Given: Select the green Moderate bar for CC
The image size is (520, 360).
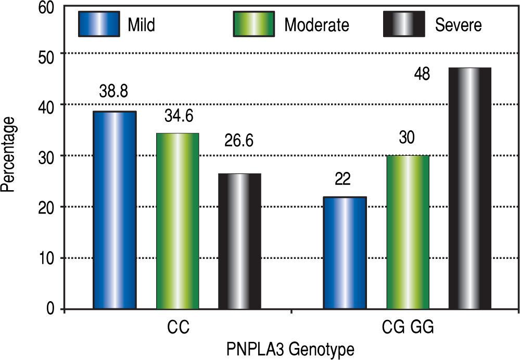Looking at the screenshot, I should pos(177,221).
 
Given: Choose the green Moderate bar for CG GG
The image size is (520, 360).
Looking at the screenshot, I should pos(408,232).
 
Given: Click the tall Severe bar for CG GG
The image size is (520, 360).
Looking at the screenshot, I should pos(470,188).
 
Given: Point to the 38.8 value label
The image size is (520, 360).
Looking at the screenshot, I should pos(114,92).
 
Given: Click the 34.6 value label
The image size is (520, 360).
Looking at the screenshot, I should pos(177,115).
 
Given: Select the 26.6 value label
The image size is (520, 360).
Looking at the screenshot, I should pos(239,141).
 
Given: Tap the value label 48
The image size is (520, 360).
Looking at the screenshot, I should pos(422,74).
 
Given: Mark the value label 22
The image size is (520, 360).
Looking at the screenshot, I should pos(343,179).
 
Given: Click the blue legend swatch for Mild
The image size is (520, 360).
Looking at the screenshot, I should pos(99,24).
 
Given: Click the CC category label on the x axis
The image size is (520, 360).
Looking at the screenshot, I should pos(177,328).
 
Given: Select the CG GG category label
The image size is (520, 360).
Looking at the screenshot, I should pos(407,328).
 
